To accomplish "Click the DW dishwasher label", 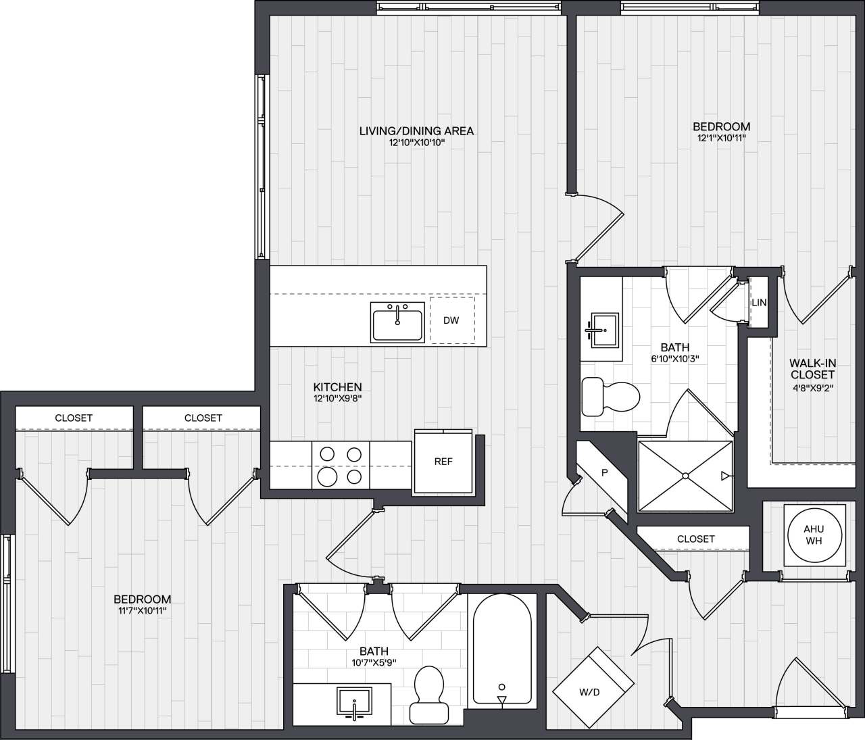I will (451, 320).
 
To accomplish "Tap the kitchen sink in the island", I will (397, 322).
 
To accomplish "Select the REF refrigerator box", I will (443, 462).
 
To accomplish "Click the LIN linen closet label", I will (759, 303).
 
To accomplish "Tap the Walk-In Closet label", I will (812, 369).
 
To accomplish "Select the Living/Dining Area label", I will (416, 131).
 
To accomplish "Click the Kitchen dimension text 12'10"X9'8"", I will (337, 399).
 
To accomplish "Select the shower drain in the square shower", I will (685, 476).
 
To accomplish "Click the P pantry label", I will (605, 473).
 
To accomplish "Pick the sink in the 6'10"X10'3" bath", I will (603, 330).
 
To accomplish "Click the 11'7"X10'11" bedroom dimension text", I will (142, 611).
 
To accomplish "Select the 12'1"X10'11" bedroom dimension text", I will (721, 138).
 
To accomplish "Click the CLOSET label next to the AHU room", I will (695, 539).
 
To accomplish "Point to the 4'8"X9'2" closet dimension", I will (812, 388).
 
